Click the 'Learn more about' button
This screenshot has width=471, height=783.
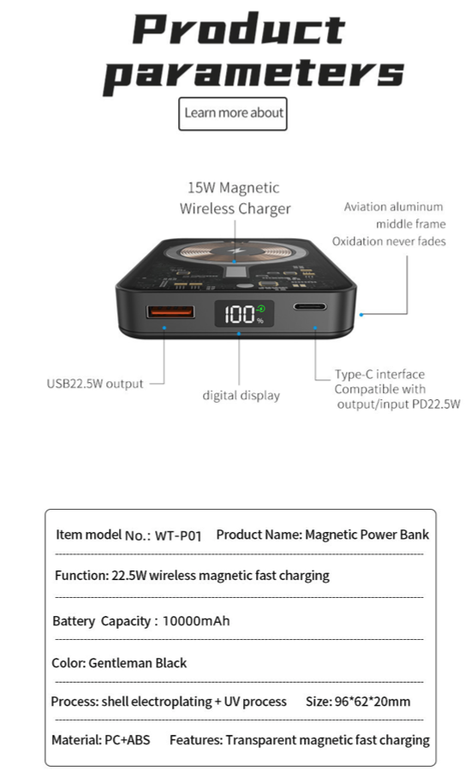[x=233, y=114]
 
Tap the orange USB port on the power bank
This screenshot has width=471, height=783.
[x=170, y=312]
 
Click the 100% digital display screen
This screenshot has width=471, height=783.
[x=244, y=314]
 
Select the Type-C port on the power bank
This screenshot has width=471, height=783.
[x=310, y=307]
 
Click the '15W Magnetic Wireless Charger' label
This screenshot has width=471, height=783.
[x=235, y=198]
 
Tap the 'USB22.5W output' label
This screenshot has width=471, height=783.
[x=95, y=384]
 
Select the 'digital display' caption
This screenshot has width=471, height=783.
[x=241, y=396]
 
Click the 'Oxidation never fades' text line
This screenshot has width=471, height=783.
[x=389, y=242]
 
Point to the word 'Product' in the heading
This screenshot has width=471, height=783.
[x=239, y=28]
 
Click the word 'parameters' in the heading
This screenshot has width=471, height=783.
[x=253, y=75]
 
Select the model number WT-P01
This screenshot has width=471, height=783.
[x=178, y=535]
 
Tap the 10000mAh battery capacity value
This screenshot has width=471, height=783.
[x=196, y=621]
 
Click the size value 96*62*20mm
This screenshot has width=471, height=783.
[x=373, y=701]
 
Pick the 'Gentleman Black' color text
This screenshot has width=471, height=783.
[x=138, y=663]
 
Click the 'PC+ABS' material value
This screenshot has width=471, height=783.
[x=128, y=739]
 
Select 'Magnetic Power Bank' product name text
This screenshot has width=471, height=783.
[x=367, y=535]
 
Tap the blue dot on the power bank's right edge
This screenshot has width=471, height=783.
[x=361, y=314]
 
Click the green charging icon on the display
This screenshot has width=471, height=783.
[x=260, y=309]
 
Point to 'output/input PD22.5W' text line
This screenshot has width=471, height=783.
[x=398, y=404]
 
